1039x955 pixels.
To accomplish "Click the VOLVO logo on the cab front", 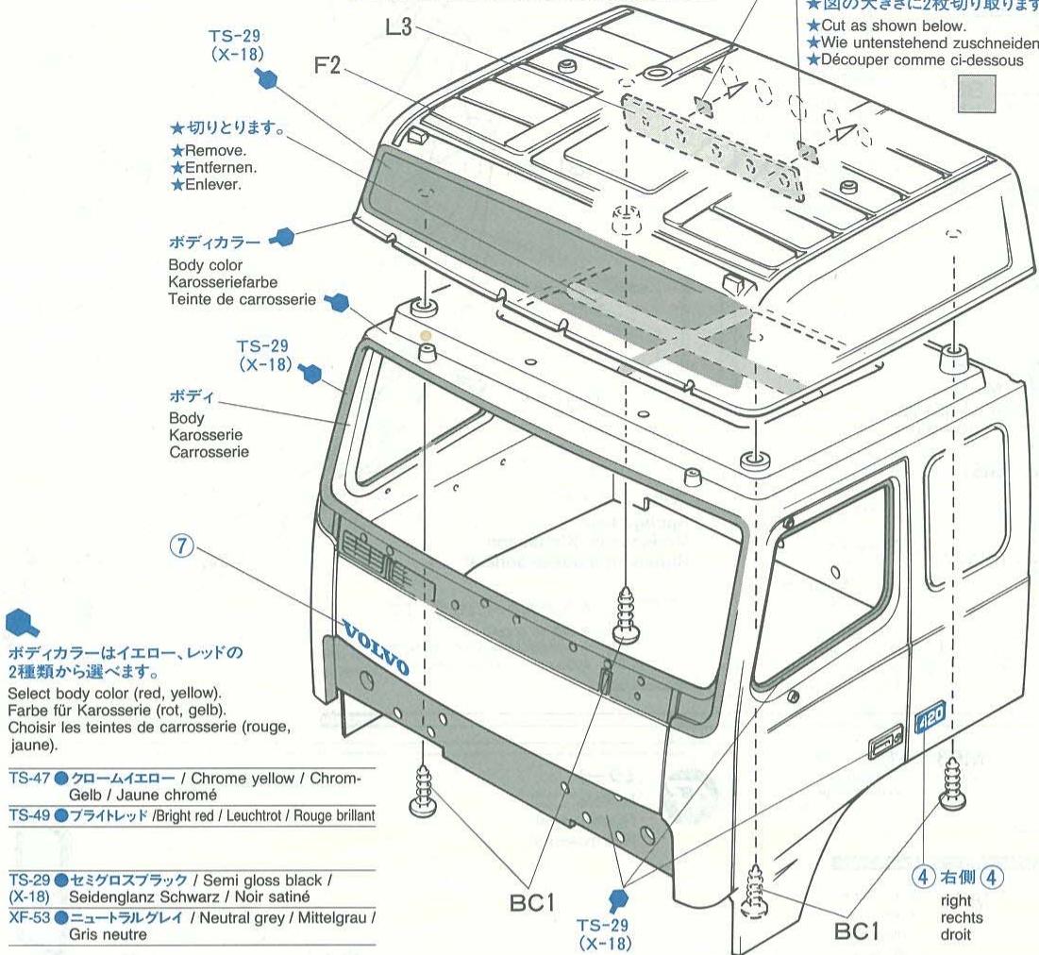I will click(375, 649).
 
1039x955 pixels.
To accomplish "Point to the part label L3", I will click(399, 28).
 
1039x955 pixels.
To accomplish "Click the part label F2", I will click(332, 69).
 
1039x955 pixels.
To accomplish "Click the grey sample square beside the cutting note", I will click(977, 94).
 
